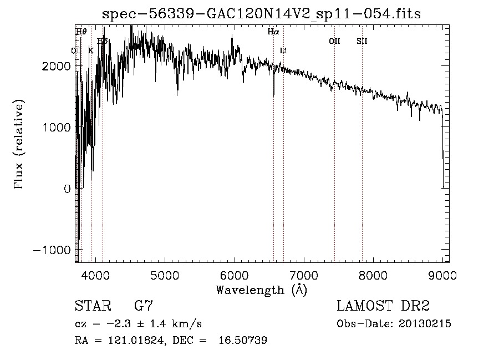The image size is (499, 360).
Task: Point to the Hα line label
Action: [273, 32]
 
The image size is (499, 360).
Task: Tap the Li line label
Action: [283, 50]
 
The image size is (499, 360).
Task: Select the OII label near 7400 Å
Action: [334, 41]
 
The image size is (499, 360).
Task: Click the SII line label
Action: [362, 41]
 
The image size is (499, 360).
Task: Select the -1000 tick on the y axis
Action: [54, 250]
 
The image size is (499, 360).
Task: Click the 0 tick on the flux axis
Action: [67, 189]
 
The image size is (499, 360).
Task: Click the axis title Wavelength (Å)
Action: [261, 290]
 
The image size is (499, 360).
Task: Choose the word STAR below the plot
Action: [92, 306]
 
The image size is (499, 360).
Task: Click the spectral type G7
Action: [144, 306]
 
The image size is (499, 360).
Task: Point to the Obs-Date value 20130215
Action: [424, 324]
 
